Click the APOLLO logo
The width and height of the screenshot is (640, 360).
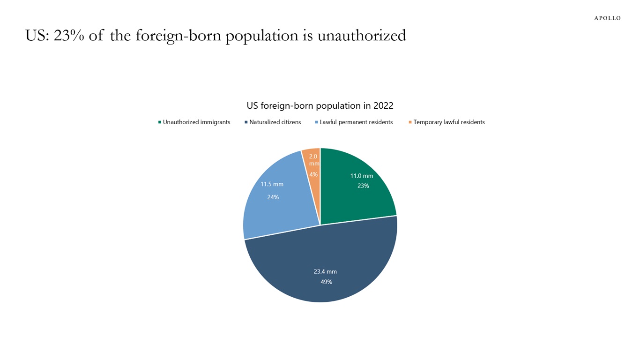(x=607, y=18)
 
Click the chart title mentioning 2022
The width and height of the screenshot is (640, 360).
(x=320, y=105)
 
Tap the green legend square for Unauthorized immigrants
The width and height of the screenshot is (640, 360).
(x=160, y=122)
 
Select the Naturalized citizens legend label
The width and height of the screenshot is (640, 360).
(x=275, y=122)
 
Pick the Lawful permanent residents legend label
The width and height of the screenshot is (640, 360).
(x=356, y=122)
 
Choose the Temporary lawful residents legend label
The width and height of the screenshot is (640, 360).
(x=449, y=122)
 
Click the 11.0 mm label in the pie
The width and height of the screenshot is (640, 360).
(x=362, y=176)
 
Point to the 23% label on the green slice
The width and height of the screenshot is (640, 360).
(x=363, y=186)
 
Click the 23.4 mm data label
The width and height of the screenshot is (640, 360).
(x=325, y=271)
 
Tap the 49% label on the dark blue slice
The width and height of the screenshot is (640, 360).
(x=327, y=282)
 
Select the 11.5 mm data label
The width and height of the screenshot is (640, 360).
(x=272, y=184)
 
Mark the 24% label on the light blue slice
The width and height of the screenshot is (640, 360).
(x=273, y=197)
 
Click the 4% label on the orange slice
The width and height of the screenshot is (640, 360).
(x=313, y=174)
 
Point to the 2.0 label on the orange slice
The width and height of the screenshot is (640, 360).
(x=313, y=157)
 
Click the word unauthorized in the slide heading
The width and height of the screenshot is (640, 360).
(x=362, y=36)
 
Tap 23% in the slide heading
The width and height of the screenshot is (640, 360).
(x=69, y=36)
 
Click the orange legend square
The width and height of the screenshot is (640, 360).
(x=410, y=122)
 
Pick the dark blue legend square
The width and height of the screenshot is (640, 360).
(x=246, y=122)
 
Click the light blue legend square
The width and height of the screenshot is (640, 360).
(x=317, y=122)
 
